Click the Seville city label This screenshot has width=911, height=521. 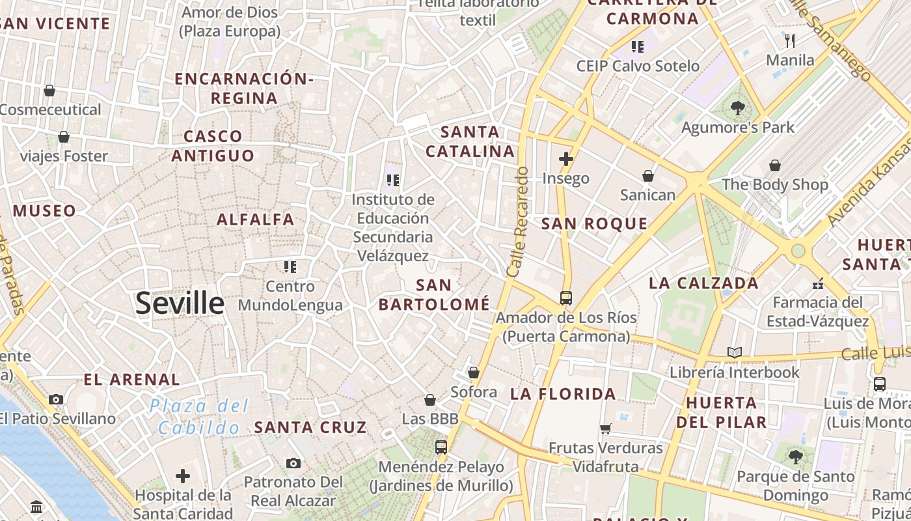pyautogui.click(x=180, y=303)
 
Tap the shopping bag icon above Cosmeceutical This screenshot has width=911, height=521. pyautogui.click(x=49, y=91)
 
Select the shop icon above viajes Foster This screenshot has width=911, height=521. pyautogui.click(x=64, y=137)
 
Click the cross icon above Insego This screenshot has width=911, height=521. pyautogui.click(x=566, y=158)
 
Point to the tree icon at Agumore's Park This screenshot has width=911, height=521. pyautogui.click(x=737, y=108)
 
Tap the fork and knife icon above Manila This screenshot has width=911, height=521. pyautogui.click(x=790, y=41)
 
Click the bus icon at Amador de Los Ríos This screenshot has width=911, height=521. pyautogui.click(x=566, y=298)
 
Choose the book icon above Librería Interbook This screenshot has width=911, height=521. pyautogui.click(x=735, y=353)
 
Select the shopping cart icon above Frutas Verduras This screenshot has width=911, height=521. pyautogui.click(x=606, y=429)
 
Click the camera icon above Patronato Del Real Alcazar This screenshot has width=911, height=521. pyautogui.click(x=293, y=463)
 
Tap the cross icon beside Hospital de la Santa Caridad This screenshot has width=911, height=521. pyautogui.click(x=183, y=476)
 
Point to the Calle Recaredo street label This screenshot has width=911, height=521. pyautogui.click(x=519, y=221)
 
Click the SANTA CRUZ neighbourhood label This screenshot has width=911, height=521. pyautogui.click(x=310, y=428)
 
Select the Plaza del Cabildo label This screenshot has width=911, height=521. pyautogui.click(x=199, y=417)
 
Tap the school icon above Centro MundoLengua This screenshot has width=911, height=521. pyautogui.click(x=290, y=266)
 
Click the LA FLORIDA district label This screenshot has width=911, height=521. pyautogui.click(x=563, y=394)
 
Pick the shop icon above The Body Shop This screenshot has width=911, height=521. pyautogui.click(x=775, y=166)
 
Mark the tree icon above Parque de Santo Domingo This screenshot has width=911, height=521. pyautogui.click(x=795, y=457)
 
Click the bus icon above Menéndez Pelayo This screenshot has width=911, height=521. pyautogui.click(x=441, y=447)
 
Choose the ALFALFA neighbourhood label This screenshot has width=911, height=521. pyautogui.click(x=255, y=219)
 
